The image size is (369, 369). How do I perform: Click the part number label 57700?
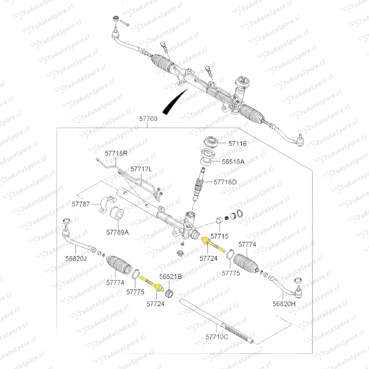coord(148,119)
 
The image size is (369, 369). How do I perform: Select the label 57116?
coord(237,144)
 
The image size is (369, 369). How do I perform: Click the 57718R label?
coord(116,153)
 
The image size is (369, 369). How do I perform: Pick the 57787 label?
coord(81,204)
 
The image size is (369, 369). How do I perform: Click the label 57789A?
coord(117,232)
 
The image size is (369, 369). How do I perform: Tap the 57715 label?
coord(219,236)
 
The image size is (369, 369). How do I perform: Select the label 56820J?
coord(76,259)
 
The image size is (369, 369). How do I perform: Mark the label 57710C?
coord(217,337)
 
